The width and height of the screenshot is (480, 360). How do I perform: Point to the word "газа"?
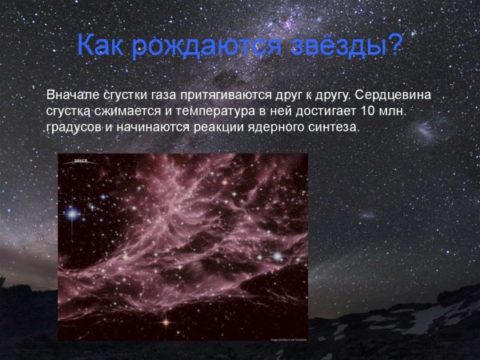(167, 94)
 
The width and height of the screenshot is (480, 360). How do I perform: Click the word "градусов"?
(74, 126)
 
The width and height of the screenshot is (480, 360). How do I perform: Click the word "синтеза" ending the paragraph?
(330, 126)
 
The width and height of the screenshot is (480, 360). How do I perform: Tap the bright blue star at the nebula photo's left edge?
(73, 214)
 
